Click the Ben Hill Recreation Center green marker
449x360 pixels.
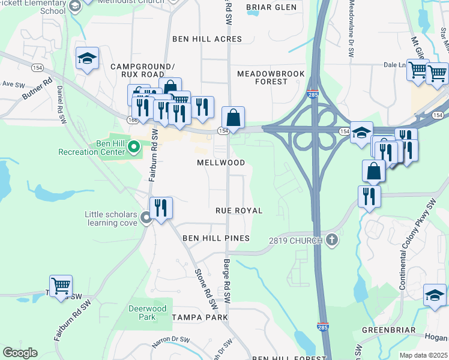(134, 146)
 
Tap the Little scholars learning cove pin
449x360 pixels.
(146, 219)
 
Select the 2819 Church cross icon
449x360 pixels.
(330, 241)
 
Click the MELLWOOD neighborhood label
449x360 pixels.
(221, 163)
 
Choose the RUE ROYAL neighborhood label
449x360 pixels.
(239, 211)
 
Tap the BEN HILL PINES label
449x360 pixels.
(215, 238)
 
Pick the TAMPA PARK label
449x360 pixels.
(200, 317)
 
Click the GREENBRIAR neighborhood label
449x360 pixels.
(388, 330)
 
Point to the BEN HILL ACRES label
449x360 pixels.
(207, 39)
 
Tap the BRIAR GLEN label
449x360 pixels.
(271, 8)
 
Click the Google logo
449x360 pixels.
(20, 352)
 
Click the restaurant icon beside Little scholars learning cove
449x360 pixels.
(160, 208)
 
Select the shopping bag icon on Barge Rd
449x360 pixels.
(234, 117)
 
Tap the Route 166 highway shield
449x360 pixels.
(133, 120)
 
